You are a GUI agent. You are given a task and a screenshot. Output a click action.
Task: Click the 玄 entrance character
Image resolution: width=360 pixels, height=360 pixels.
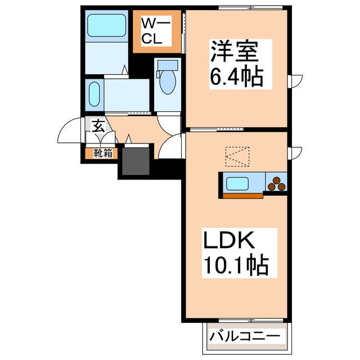[x=98, y=126]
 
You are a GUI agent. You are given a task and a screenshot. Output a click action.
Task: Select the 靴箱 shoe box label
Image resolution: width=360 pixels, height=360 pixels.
[x=102, y=152]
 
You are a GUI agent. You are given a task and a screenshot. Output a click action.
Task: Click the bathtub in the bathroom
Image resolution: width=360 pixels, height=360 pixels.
[x=106, y=26]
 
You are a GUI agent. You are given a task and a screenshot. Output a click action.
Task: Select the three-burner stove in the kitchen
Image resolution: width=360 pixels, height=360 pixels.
[x=276, y=184]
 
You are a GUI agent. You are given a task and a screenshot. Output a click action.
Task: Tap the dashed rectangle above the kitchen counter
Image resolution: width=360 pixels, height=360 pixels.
[x=236, y=157]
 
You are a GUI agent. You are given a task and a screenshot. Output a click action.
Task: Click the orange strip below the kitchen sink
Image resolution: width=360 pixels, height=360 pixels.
[x=242, y=196]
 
